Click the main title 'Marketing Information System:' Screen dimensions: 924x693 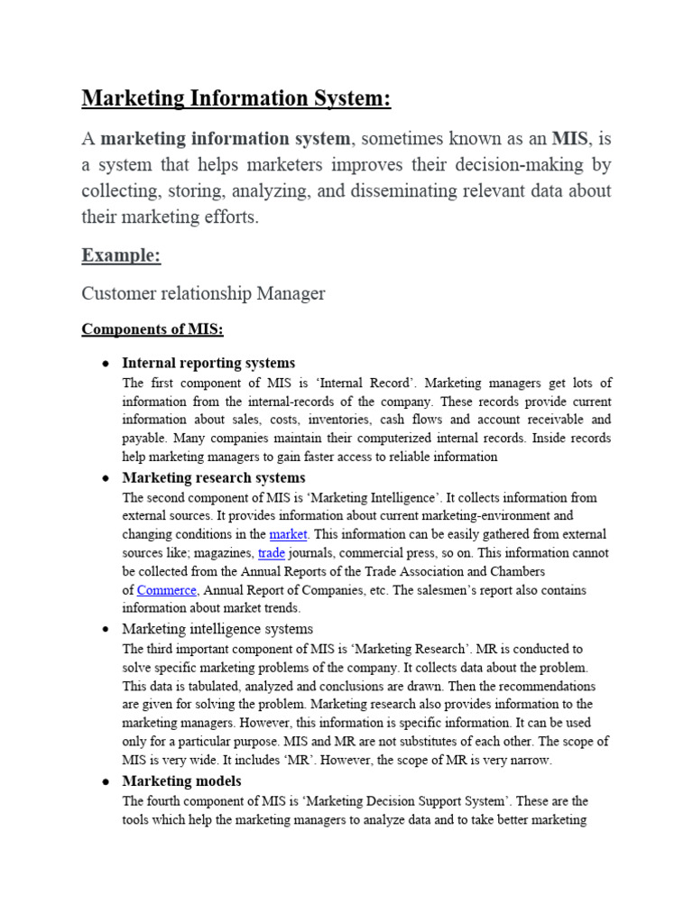point(236,98)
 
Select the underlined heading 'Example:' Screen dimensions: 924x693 point(121,255)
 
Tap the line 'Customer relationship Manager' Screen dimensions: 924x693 point(203,293)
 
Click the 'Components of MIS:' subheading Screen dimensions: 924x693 point(152,329)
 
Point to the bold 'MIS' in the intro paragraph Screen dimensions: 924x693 point(570,139)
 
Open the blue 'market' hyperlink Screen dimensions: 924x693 point(288,534)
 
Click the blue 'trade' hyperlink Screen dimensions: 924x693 point(271,552)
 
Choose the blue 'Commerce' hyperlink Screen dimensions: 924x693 point(166,590)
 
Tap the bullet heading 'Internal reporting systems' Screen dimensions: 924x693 point(208,364)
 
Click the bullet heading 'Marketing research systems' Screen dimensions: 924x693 point(213,477)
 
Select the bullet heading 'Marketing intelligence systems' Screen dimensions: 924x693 point(217,628)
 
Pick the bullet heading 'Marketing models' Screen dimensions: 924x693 point(181,781)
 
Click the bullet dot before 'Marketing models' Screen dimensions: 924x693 point(106,781)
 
